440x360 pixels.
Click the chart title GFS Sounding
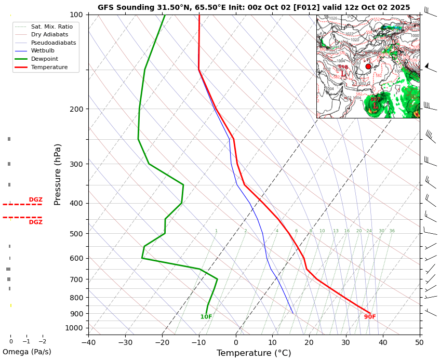[x=254, y=7]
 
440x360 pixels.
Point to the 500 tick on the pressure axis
[x=76, y=234]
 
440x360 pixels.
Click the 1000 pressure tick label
[x=74, y=328]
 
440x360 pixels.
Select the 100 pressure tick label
[x=76, y=15]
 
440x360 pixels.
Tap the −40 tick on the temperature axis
[x=88, y=342]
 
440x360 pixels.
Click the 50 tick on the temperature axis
[x=420, y=342]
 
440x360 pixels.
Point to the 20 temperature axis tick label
[x=309, y=342]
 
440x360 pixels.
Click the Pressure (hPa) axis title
[x=58, y=174]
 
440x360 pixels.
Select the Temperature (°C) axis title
[x=254, y=353]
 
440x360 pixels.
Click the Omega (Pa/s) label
[x=26, y=352]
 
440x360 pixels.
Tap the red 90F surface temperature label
[x=370, y=317]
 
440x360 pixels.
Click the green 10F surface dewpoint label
[x=206, y=317]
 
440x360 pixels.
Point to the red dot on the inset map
[x=368, y=66]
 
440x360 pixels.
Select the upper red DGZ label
[x=36, y=199]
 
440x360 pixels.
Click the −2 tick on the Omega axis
[x=43, y=342]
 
